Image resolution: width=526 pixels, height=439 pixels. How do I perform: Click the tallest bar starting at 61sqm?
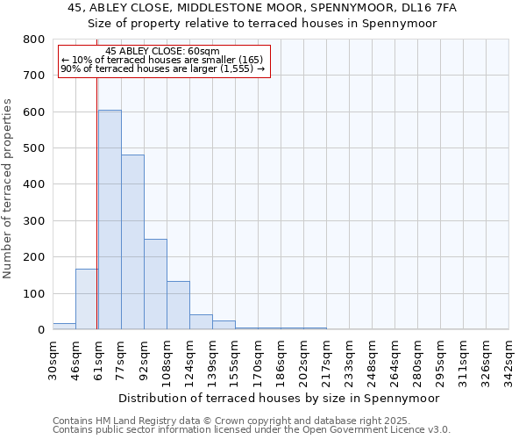coord(110,219)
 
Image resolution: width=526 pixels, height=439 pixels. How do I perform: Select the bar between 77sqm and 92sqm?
coord(132,242)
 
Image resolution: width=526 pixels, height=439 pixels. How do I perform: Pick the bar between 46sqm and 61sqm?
coord(87,299)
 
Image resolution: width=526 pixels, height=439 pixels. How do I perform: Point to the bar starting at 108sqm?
coord(178,306)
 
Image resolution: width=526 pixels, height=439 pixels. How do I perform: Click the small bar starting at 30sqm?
coord(64,326)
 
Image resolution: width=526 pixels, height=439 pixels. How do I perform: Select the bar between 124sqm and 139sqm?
coord(201,321)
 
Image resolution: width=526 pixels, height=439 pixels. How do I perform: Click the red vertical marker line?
coord(97,176)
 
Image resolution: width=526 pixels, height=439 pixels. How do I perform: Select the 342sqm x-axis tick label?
coord(509,359)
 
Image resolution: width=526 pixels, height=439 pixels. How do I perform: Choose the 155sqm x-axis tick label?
coord(236,359)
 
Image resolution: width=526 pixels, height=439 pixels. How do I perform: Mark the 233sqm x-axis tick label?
coord(350,359)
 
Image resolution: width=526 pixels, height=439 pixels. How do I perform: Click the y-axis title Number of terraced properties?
coord(8,189)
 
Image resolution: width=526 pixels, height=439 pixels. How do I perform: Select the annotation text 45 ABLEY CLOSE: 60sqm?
coord(163,52)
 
